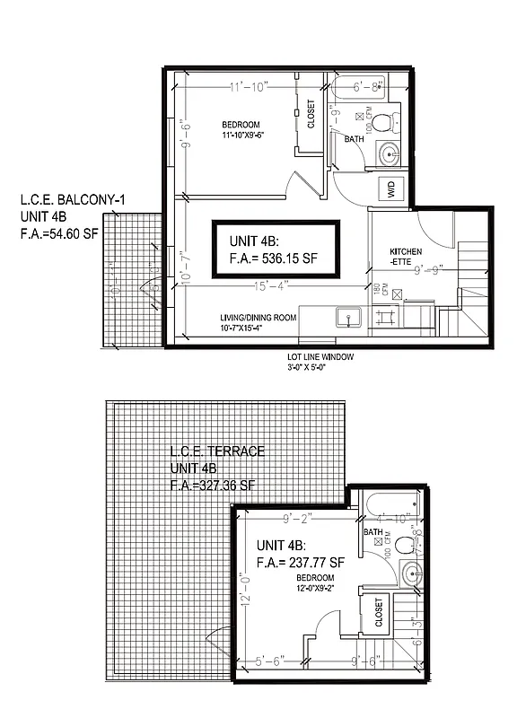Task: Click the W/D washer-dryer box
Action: [391, 188]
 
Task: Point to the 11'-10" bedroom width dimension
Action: [231, 87]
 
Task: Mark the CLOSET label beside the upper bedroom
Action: [311, 114]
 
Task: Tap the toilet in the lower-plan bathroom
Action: [410, 543]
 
